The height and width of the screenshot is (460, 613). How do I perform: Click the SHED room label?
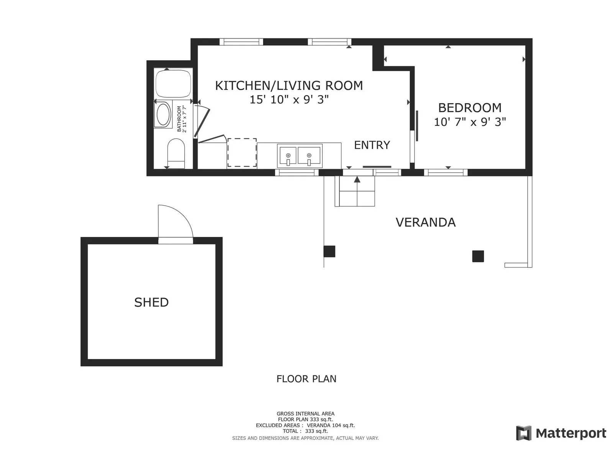click(x=151, y=302)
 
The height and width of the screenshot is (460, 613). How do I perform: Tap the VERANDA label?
click(x=426, y=223)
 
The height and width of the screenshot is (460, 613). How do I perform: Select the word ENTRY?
click(x=372, y=145)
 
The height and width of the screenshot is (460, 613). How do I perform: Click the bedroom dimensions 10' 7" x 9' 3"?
click(x=470, y=122)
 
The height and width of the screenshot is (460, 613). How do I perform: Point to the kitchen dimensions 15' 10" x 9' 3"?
click(x=289, y=100)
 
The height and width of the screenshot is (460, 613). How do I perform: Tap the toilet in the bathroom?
click(x=176, y=154)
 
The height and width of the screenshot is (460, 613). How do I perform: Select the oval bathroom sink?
click(x=164, y=115)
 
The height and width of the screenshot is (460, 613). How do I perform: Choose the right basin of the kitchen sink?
click(x=309, y=155)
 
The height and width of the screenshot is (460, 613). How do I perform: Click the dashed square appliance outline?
click(x=242, y=153)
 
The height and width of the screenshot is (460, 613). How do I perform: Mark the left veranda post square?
click(x=329, y=251)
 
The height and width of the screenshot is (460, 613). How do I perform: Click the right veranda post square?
click(x=478, y=256)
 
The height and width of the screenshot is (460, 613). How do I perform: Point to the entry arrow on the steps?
click(x=357, y=179)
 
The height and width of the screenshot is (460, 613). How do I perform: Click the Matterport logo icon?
click(x=523, y=433)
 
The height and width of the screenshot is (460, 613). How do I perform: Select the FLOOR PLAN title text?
click(x=306, y=379)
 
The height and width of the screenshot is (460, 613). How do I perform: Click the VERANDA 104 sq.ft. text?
click(x=331, y=426)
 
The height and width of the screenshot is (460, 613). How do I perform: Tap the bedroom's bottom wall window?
click(x=446, y=172)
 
